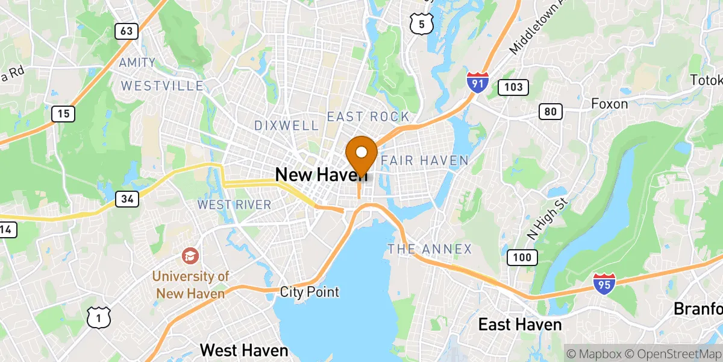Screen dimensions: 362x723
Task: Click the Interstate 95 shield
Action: [x=604, y=284]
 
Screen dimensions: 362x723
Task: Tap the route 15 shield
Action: [x=63, y=113]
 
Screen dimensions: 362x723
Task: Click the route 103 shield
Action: [x=513, y=87]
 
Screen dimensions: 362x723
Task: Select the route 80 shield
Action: [x=551, y=111]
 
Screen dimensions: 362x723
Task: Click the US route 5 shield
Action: [x=419, y=24]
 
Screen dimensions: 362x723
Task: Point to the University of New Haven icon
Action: [x=190, y=256]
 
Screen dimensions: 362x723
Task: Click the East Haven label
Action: [x=519, y=325]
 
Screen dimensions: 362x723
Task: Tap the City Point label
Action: [x=310, y=293]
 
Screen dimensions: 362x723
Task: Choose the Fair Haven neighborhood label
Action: [x=424, y=160]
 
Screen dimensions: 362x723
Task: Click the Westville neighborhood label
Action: [x=162, y=86]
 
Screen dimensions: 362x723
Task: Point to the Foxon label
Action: [x=609, y=104]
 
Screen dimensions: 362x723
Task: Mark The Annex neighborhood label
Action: [x=430, y=249]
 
